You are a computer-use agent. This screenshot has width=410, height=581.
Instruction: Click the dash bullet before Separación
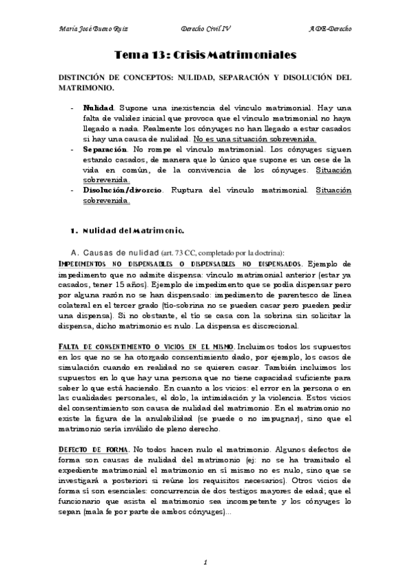[x=73, y=148]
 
